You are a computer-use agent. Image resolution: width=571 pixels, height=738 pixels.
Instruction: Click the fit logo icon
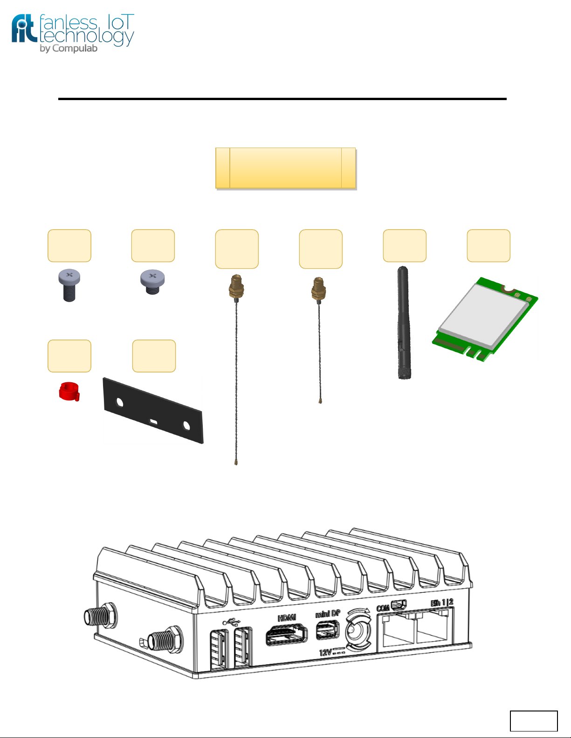click(24, 29)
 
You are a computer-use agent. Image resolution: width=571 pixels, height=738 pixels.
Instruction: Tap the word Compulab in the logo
click(75, 48)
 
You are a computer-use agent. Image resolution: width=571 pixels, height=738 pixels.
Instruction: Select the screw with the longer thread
click(69, 286)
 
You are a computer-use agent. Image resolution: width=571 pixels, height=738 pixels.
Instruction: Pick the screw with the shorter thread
click(152, 282)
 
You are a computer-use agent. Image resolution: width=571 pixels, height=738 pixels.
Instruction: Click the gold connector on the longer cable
click(236, 287)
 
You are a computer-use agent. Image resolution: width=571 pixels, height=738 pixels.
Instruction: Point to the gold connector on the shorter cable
click(319, 289)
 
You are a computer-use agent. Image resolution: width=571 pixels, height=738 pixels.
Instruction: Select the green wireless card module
click(485, 318)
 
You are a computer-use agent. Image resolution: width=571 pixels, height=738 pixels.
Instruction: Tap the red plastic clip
click(69, 391)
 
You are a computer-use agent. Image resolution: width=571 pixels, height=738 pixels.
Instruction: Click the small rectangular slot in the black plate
click(154, 422)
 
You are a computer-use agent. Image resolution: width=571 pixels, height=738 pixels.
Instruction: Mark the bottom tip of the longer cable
click(236, 463)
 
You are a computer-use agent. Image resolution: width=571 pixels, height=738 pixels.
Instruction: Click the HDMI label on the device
click(287, 618)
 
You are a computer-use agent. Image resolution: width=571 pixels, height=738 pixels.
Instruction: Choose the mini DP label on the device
click(328, 614)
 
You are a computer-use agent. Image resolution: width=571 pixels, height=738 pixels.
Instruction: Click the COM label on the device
click(383, 608)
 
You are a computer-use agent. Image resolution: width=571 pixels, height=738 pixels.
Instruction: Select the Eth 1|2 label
click(442, 603)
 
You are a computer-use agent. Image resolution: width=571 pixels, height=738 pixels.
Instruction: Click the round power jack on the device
click(358, 633)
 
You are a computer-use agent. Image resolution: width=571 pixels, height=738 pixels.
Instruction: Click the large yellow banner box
click(286, 168)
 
